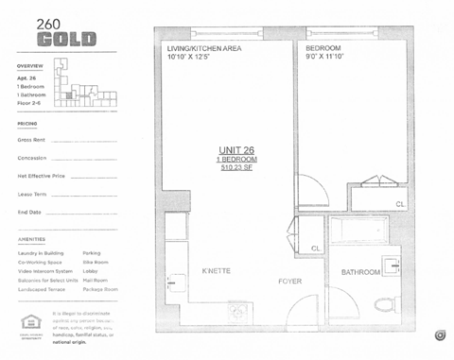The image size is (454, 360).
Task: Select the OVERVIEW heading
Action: pos(30,65)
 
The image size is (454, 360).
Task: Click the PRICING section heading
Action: pos(26,123)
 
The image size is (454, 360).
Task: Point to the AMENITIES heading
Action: pos(31,239)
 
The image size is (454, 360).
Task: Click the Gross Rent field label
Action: pos(31,140)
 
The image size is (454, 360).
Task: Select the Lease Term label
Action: pos(32,194)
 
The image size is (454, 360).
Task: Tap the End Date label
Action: pos(29,212)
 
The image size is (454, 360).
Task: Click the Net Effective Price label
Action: pos(41,176)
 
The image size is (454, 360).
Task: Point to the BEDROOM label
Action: pos(323,46)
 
